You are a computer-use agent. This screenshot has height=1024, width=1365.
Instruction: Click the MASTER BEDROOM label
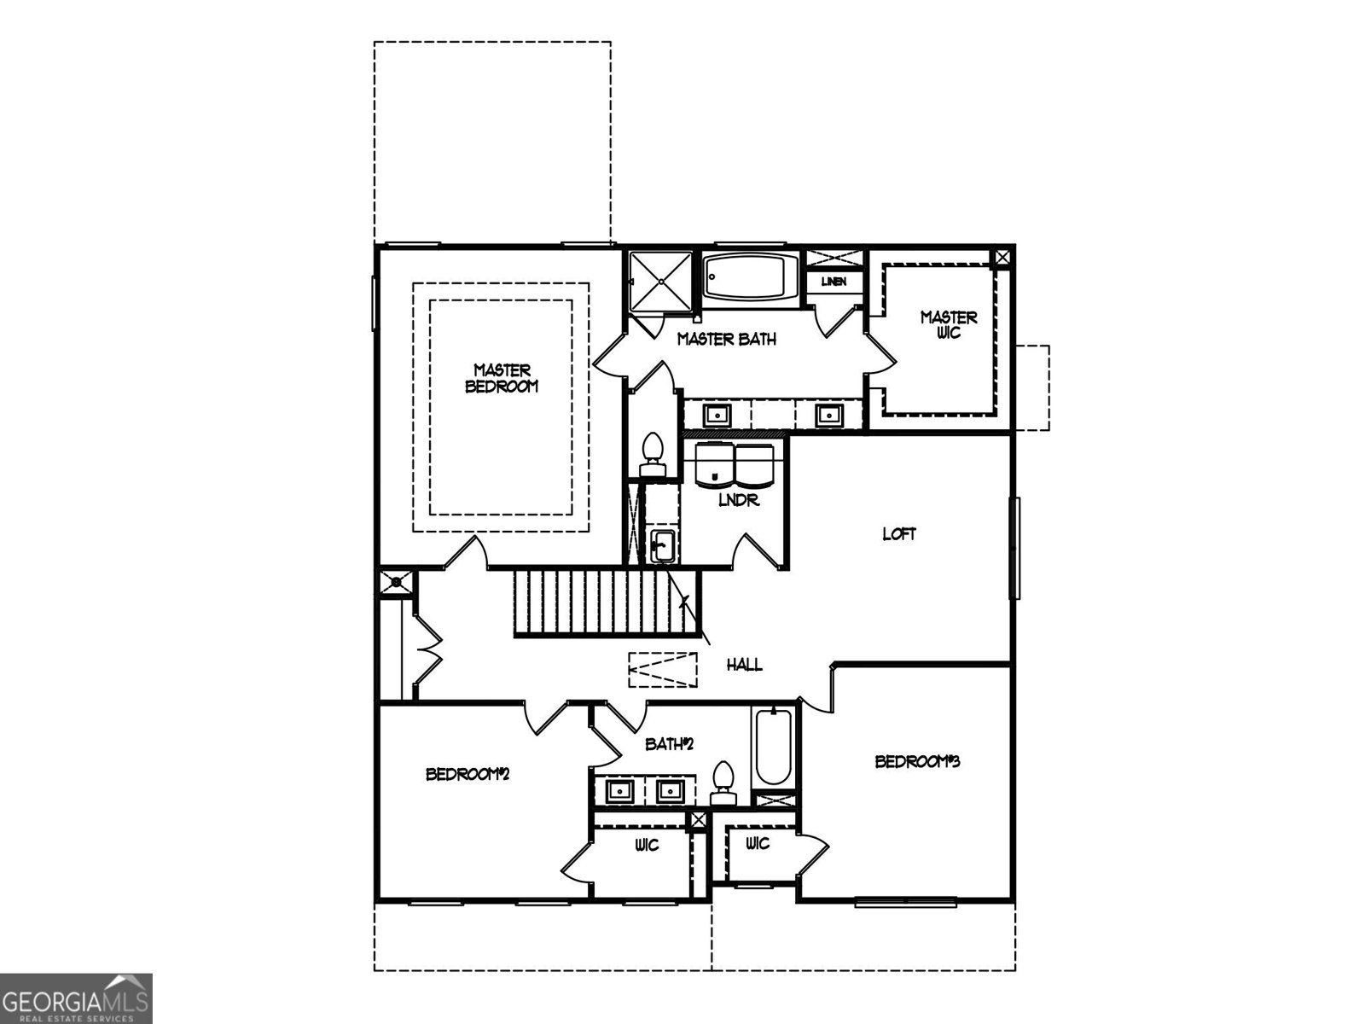click(502, 378)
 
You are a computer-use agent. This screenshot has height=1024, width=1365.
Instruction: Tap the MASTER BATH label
click(727, 340)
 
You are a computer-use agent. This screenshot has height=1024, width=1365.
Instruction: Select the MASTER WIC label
click(949, 324)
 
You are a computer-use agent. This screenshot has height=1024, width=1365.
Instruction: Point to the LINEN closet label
click(834, 282)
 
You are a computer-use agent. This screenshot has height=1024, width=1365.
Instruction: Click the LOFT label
click(899, 534)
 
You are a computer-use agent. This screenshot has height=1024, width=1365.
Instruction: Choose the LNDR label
click(738, 501)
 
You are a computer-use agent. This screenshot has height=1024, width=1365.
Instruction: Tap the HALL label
click(744, 665)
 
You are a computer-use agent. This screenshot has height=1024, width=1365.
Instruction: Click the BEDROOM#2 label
click(468, 775)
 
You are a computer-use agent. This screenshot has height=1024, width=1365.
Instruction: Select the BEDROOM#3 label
click(917, 761)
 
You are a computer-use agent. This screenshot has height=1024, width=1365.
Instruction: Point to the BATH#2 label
click(670, 744)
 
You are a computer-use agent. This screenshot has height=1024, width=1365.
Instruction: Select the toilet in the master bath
click(653, 453)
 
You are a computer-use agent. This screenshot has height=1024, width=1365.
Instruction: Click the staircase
click(606, 603)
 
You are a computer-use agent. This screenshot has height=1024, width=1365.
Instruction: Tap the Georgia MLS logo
click(76, 998)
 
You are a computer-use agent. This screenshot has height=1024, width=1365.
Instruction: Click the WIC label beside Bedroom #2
click(646, 846)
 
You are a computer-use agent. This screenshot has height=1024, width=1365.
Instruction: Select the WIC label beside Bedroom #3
click(758, 844)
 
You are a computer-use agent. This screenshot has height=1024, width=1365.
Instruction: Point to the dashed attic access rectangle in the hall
click(663, 669)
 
